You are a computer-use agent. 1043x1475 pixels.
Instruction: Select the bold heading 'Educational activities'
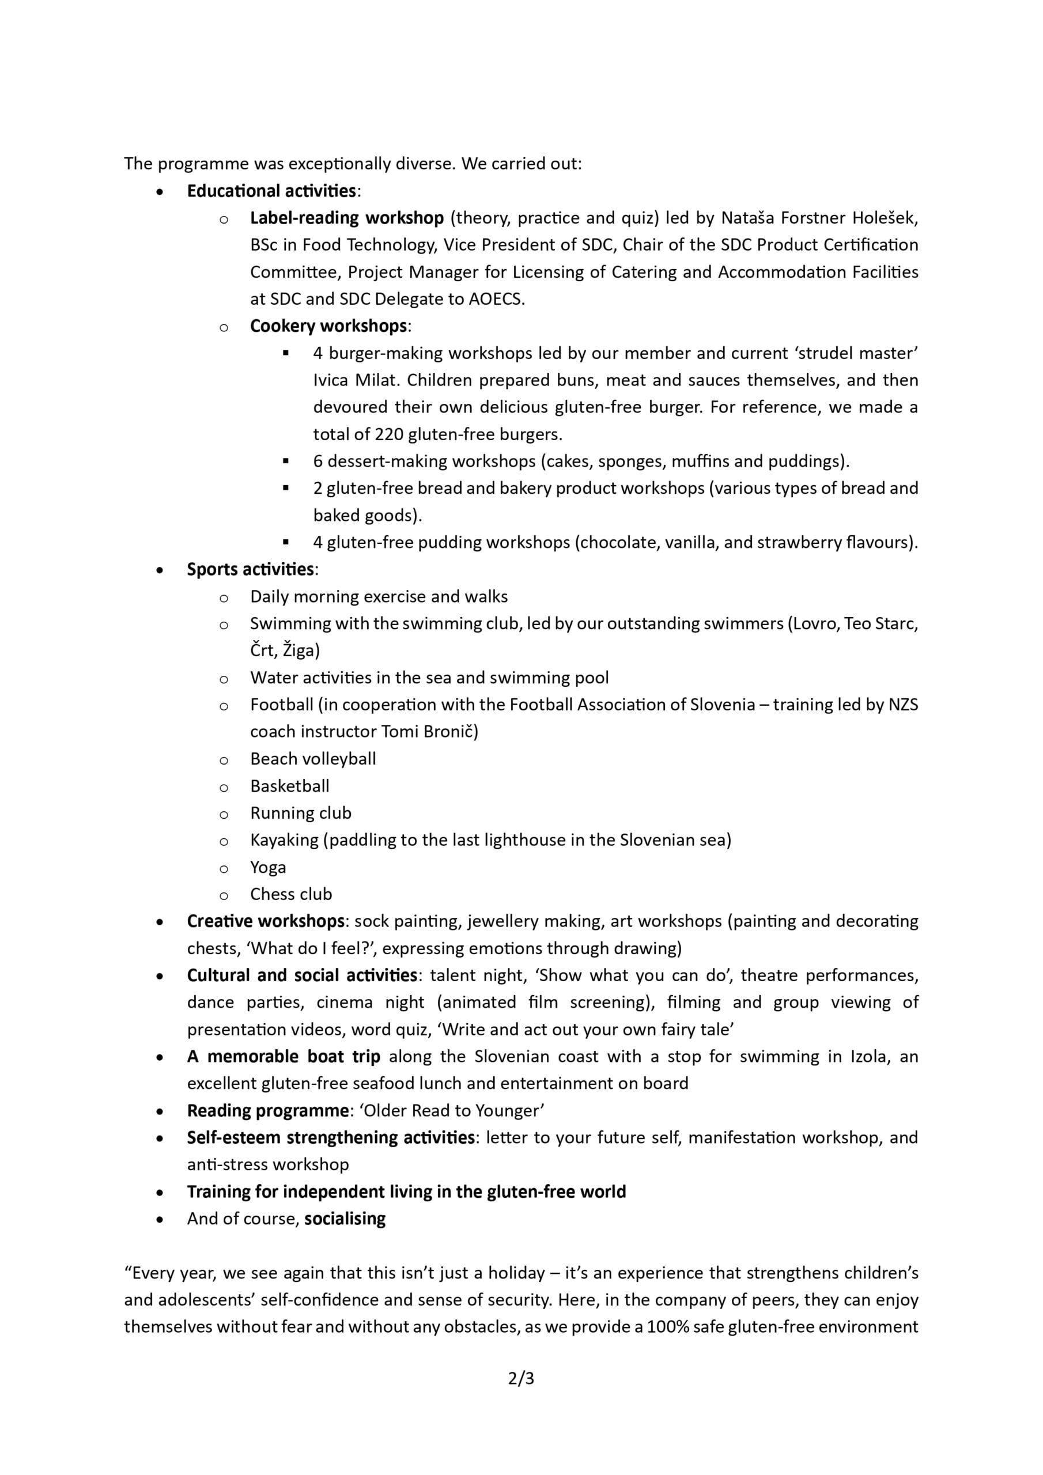pyautogui.click(x=271, y=191)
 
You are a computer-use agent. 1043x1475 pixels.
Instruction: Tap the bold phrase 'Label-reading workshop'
pyautogui.click(x=346, y=218)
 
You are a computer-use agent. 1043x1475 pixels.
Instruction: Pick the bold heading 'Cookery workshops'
pyautogui.click(x=328, y=326)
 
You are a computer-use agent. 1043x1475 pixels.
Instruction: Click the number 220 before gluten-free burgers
pyautogui.click(x=389, y=434)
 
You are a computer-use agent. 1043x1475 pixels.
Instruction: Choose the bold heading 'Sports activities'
pyautogui.click(x=250, y=569)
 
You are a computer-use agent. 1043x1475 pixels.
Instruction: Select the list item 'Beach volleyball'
pyautogui.click(x=313, y=759)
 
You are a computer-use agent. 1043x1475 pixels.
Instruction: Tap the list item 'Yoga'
pyautogui.click(x=268, y=867)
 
